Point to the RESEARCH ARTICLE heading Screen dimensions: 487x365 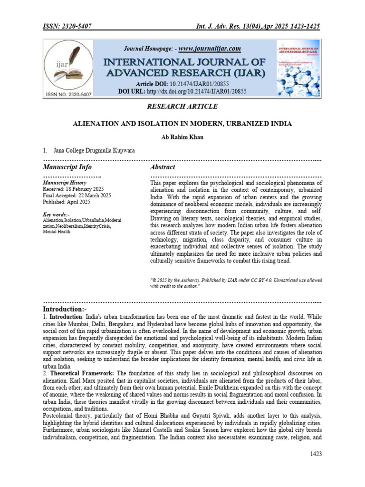click(x=182, y=107)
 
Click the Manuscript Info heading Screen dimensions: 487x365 click(x=67, y=167)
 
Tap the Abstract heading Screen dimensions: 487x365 click(x=163, y=167)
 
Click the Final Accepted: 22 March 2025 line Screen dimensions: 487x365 click(x=77, y=195)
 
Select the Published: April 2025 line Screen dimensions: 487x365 click(x=66, y=202)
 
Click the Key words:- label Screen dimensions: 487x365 click(x=56, y=214)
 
